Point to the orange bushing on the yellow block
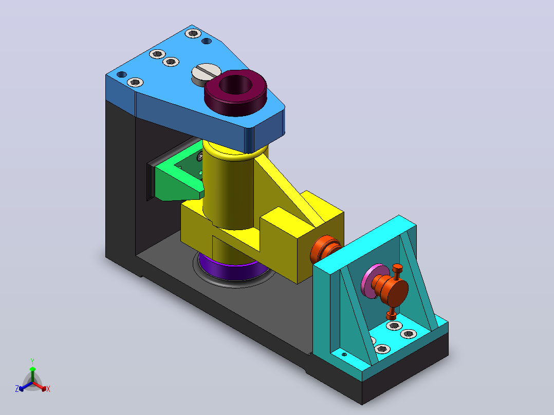pos(325,249)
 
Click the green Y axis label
pos(32,362)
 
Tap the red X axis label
pos(48,389)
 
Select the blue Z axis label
pos(17,389)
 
